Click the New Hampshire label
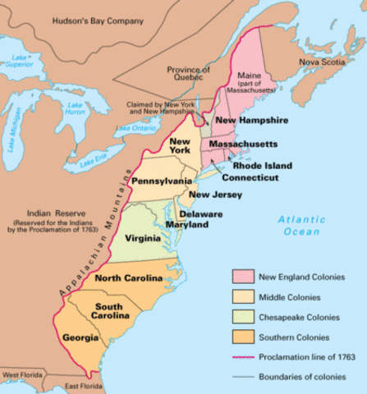pos(251,121)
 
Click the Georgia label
pos(80,337)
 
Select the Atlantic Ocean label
pos(300,225)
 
